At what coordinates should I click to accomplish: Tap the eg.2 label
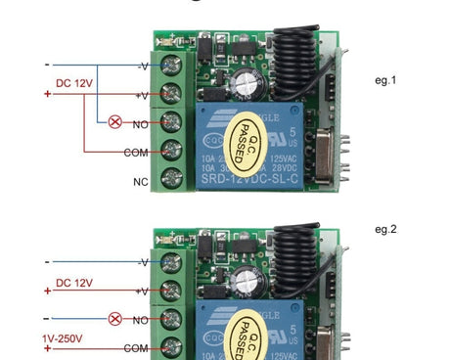pyautogui.click(x=386, y=230)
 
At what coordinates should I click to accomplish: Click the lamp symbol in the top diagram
pyautogui.click(x=114, y=123)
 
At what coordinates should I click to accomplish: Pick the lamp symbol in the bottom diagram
pyautogui.click(x=114, y=319)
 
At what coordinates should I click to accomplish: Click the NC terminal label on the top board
pyautogui.click(x=140, y=181)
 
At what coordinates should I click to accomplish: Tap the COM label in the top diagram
pyautogui.click(x=136, y=153)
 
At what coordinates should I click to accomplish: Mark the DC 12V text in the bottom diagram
pyautogui.click(x=74, y=283)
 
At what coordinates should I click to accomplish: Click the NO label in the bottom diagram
pyautogui.click(x=140, y=319)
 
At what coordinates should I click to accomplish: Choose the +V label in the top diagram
pyautogui.click(x=142, y=96)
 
